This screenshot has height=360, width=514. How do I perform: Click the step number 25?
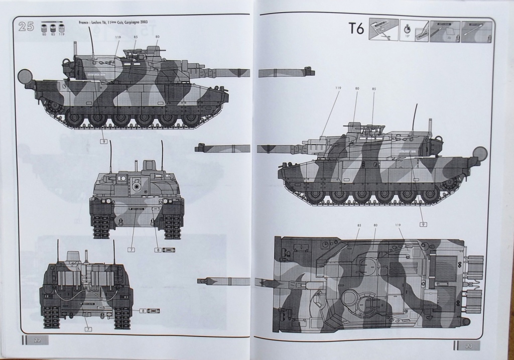click(26, 27)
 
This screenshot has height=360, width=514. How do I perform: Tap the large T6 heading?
click(355, 29)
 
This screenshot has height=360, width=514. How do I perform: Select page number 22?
click(37, 340)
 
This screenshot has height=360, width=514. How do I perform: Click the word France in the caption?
click(86, 22)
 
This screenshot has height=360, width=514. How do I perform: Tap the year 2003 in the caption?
click(147, 22)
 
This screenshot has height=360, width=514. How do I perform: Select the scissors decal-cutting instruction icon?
click(384, 31)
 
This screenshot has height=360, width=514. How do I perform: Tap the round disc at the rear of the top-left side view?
click(25, 76)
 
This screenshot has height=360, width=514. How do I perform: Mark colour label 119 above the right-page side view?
click(337, 88)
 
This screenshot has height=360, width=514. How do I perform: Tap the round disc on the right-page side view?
click(480, 153)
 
